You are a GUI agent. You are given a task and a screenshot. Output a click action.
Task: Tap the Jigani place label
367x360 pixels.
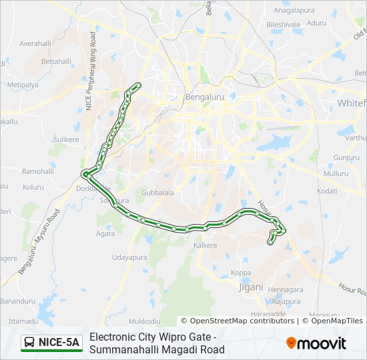(252, 287)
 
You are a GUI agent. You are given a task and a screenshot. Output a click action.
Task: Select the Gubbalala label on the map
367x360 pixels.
(157, 193)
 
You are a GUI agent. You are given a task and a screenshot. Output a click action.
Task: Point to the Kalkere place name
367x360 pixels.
(205, 245)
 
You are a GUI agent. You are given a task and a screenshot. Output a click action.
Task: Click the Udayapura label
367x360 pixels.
(128, 257)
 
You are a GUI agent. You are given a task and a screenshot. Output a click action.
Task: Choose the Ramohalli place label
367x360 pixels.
(37, 171)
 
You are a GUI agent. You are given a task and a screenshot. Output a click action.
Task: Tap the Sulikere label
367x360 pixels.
(66, 139)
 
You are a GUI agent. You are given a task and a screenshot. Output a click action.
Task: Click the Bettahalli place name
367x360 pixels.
(56, 61)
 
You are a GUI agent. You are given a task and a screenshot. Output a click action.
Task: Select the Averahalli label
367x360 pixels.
(35, 43)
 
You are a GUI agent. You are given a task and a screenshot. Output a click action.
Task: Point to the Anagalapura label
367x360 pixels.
(294, 11)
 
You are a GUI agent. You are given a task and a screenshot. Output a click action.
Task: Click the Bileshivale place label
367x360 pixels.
(284, 25)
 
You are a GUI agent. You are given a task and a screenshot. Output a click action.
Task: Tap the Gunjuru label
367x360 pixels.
(346, 157)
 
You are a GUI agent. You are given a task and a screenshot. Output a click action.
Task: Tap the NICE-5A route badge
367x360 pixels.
(51, 343)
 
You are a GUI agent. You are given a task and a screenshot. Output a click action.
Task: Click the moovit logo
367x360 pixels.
(316, 343)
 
